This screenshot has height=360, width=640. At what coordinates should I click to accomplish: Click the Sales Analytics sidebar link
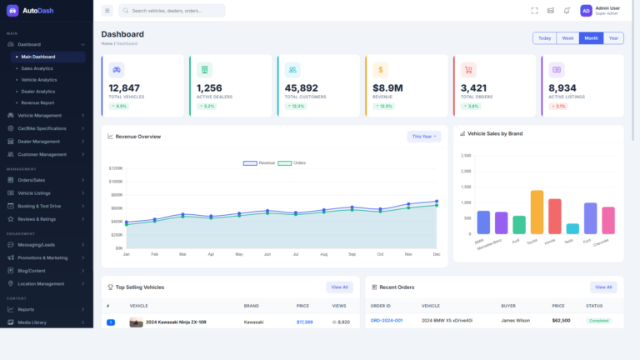(x=37, y=68)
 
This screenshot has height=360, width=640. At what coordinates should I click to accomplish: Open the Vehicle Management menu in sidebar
(x=39, y=115)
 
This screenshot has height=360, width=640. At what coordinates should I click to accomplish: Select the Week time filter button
(x=567, y=38)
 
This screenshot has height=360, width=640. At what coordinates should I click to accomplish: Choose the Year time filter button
(x=613, y=38)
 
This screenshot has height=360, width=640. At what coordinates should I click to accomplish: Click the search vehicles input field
(x=175, y=11)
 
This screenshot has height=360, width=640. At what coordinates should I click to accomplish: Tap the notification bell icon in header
(x=567, y=11)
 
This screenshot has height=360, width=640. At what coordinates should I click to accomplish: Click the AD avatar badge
(x=586, y=11)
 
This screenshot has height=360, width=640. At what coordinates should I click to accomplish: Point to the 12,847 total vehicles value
(x=124, y=87)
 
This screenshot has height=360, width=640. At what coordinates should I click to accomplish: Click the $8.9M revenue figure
(x=387, y=87)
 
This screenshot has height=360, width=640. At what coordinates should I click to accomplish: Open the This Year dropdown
(x=424, y=136)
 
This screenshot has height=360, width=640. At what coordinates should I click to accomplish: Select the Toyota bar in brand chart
(x=537, y=212)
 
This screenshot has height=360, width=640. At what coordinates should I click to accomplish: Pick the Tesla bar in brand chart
(x=572, y=228)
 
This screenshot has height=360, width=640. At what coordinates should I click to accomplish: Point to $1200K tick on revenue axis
(x=115, y=168)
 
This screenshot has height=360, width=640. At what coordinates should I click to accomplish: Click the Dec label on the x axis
(x=437, y=254)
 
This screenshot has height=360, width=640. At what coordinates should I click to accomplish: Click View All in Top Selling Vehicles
(x=339, y=287)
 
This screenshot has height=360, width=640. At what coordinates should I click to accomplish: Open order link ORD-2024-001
(x=387, y=320)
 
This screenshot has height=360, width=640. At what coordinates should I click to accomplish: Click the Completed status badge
(x=598, y=320)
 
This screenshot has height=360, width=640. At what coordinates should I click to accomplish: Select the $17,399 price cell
(x=304, y=322)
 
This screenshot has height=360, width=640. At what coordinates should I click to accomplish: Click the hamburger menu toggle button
(x=107, y=11)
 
